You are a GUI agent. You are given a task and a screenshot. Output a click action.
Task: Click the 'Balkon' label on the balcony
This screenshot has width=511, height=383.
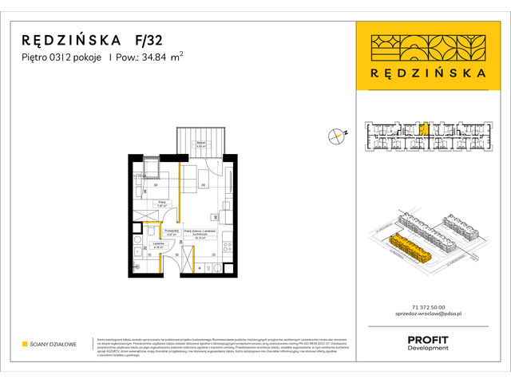click(201, 144)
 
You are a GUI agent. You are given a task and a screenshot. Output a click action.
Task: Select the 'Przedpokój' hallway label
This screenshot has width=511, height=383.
click(170, 232)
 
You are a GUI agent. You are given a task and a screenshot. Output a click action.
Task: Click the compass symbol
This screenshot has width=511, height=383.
click(336, 136)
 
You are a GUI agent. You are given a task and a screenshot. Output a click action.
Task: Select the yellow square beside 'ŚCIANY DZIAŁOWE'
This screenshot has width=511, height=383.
click(25, 344)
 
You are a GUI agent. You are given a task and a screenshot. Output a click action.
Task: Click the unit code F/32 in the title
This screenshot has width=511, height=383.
click(146, 40)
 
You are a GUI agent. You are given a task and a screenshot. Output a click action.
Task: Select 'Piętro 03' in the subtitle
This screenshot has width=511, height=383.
click(43, 57)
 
